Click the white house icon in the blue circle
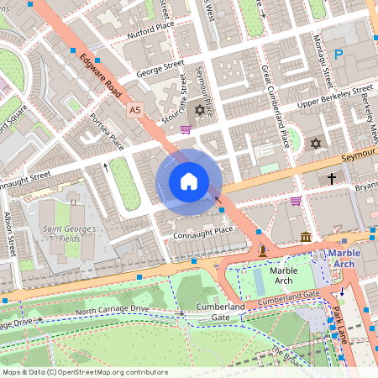click(x=189, y=181)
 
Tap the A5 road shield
click(x=134, y=110)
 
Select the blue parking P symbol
click(x=339, y=55)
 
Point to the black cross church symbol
click(x=332, y=178)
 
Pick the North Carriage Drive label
click(x=114, y=312)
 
